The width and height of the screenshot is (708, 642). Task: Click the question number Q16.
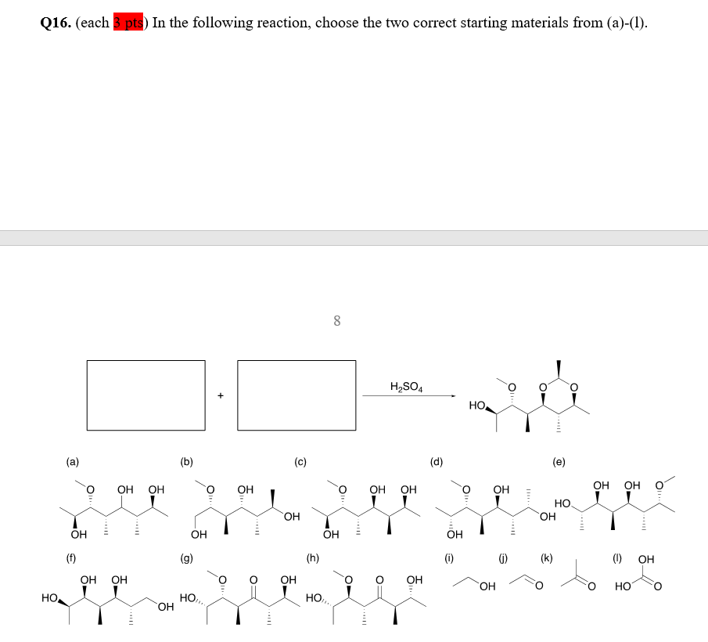pyautogui.click(x=56, y=23)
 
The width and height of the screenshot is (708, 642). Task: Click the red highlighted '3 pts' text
pyautogui.click(x=130, y=23)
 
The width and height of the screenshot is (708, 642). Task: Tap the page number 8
pyautogui.click(x=336, y=320)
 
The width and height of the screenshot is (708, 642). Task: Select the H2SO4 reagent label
pyautogui.click(x=406, y=386)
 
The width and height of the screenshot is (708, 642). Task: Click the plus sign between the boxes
pyautogui.click(x=221, y=395)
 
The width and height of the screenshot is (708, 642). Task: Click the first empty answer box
pyautogui.click(x=146, y=395)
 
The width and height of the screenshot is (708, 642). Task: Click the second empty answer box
pyautogui.click(x=296, y=395)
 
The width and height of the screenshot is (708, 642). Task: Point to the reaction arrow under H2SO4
pyautogui.click(x=408, y=396)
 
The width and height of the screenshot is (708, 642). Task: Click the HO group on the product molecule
pyautogui.click(x=478, y=406)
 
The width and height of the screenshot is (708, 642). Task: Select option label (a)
pyautogui.click(x=72, y=462)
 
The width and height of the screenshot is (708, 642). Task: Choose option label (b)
pyautogui.click(x=186, y=462)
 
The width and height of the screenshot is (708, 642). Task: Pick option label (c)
pyautogui.click(x=300, y=462)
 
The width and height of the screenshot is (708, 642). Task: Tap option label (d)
pyautogui.click(x=436, y=462)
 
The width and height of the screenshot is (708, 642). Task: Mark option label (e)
pyautogui.click(x=559, y=462)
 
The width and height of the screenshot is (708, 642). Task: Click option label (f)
pyautogui.click(x=72, y=558)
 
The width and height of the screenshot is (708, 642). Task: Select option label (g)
pyautogui.click(x=186, y=558)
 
